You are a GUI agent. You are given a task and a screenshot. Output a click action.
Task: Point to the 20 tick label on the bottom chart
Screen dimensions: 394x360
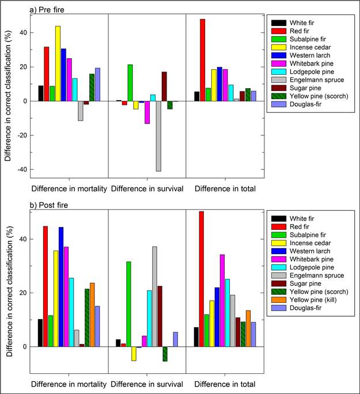click(x=23, y=293)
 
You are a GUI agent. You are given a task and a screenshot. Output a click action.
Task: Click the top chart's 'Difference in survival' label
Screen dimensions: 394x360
click(x=146, y=188)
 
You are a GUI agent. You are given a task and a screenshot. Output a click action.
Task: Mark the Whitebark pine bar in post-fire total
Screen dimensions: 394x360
click(x=222, y=300)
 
